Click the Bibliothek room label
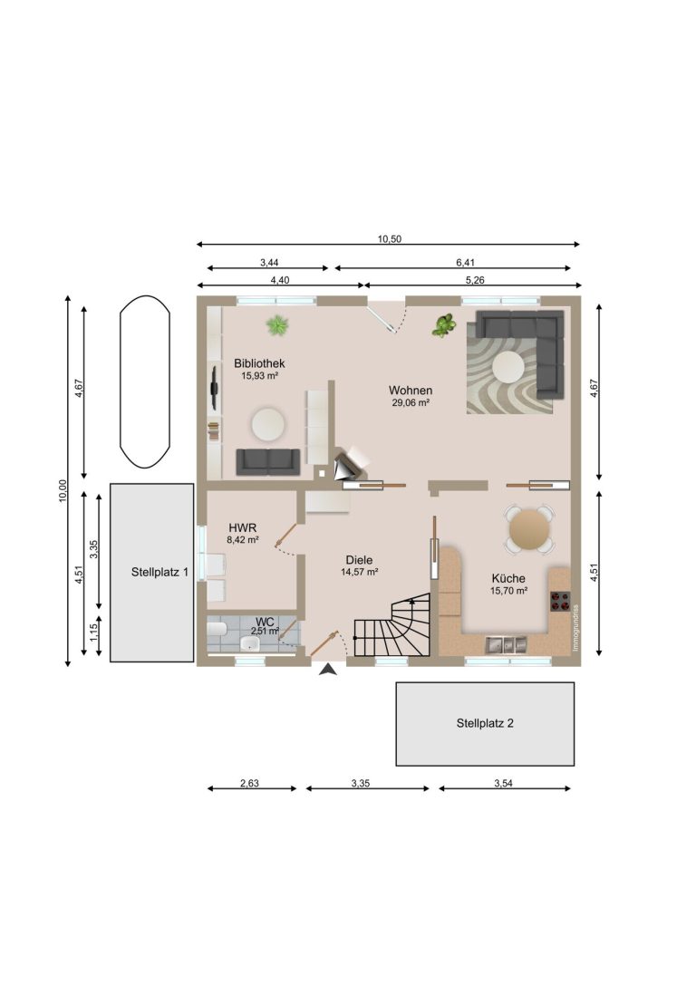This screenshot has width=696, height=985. tap(259, 363)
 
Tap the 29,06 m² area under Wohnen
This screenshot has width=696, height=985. tap(411, 402)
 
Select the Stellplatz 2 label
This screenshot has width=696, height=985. tap(485, 723)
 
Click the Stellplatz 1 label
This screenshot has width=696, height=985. tap(159, 573)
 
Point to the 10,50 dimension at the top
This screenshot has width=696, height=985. tap(390, 238)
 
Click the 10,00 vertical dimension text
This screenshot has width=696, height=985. tap(63, 490)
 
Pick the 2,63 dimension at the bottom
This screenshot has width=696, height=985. tap(249, 783)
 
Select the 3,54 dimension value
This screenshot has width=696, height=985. tap(503, 783)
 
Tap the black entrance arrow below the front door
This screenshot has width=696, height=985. tap(328, 670)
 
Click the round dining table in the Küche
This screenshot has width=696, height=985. tap(529, 529)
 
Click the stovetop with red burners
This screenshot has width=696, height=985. tap(561, 601)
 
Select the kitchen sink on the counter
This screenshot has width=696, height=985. tap(506, 644)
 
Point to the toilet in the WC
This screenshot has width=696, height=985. tap(217, 630)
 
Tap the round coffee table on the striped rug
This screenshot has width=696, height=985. tap(508, 366)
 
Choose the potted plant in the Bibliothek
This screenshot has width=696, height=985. tap(277, 325)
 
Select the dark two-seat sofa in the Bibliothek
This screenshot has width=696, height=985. tap(268, 462)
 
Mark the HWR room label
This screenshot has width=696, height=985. tap(243, 527)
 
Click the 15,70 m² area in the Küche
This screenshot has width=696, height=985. tap(508, 591)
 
